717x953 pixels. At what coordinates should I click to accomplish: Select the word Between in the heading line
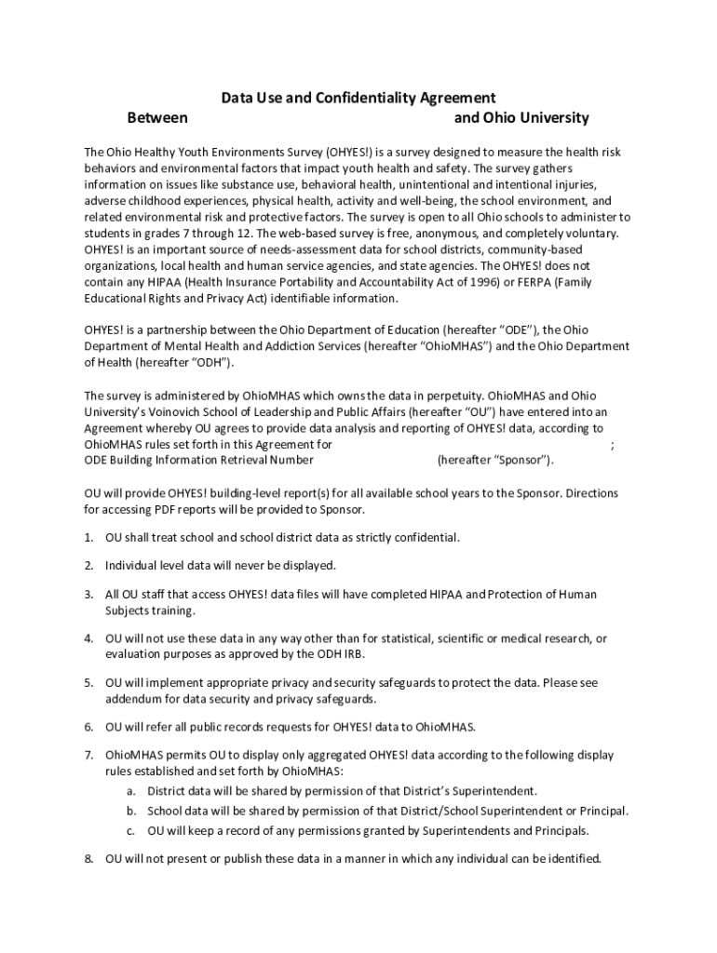157,118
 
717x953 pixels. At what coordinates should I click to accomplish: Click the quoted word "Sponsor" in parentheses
521,460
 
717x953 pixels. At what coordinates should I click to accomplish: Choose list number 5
88,682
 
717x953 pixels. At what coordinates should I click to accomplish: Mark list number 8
88,858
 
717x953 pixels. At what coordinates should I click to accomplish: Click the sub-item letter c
131,830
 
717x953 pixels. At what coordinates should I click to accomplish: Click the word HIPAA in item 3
442,594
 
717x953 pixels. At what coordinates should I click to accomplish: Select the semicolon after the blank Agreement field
611,445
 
